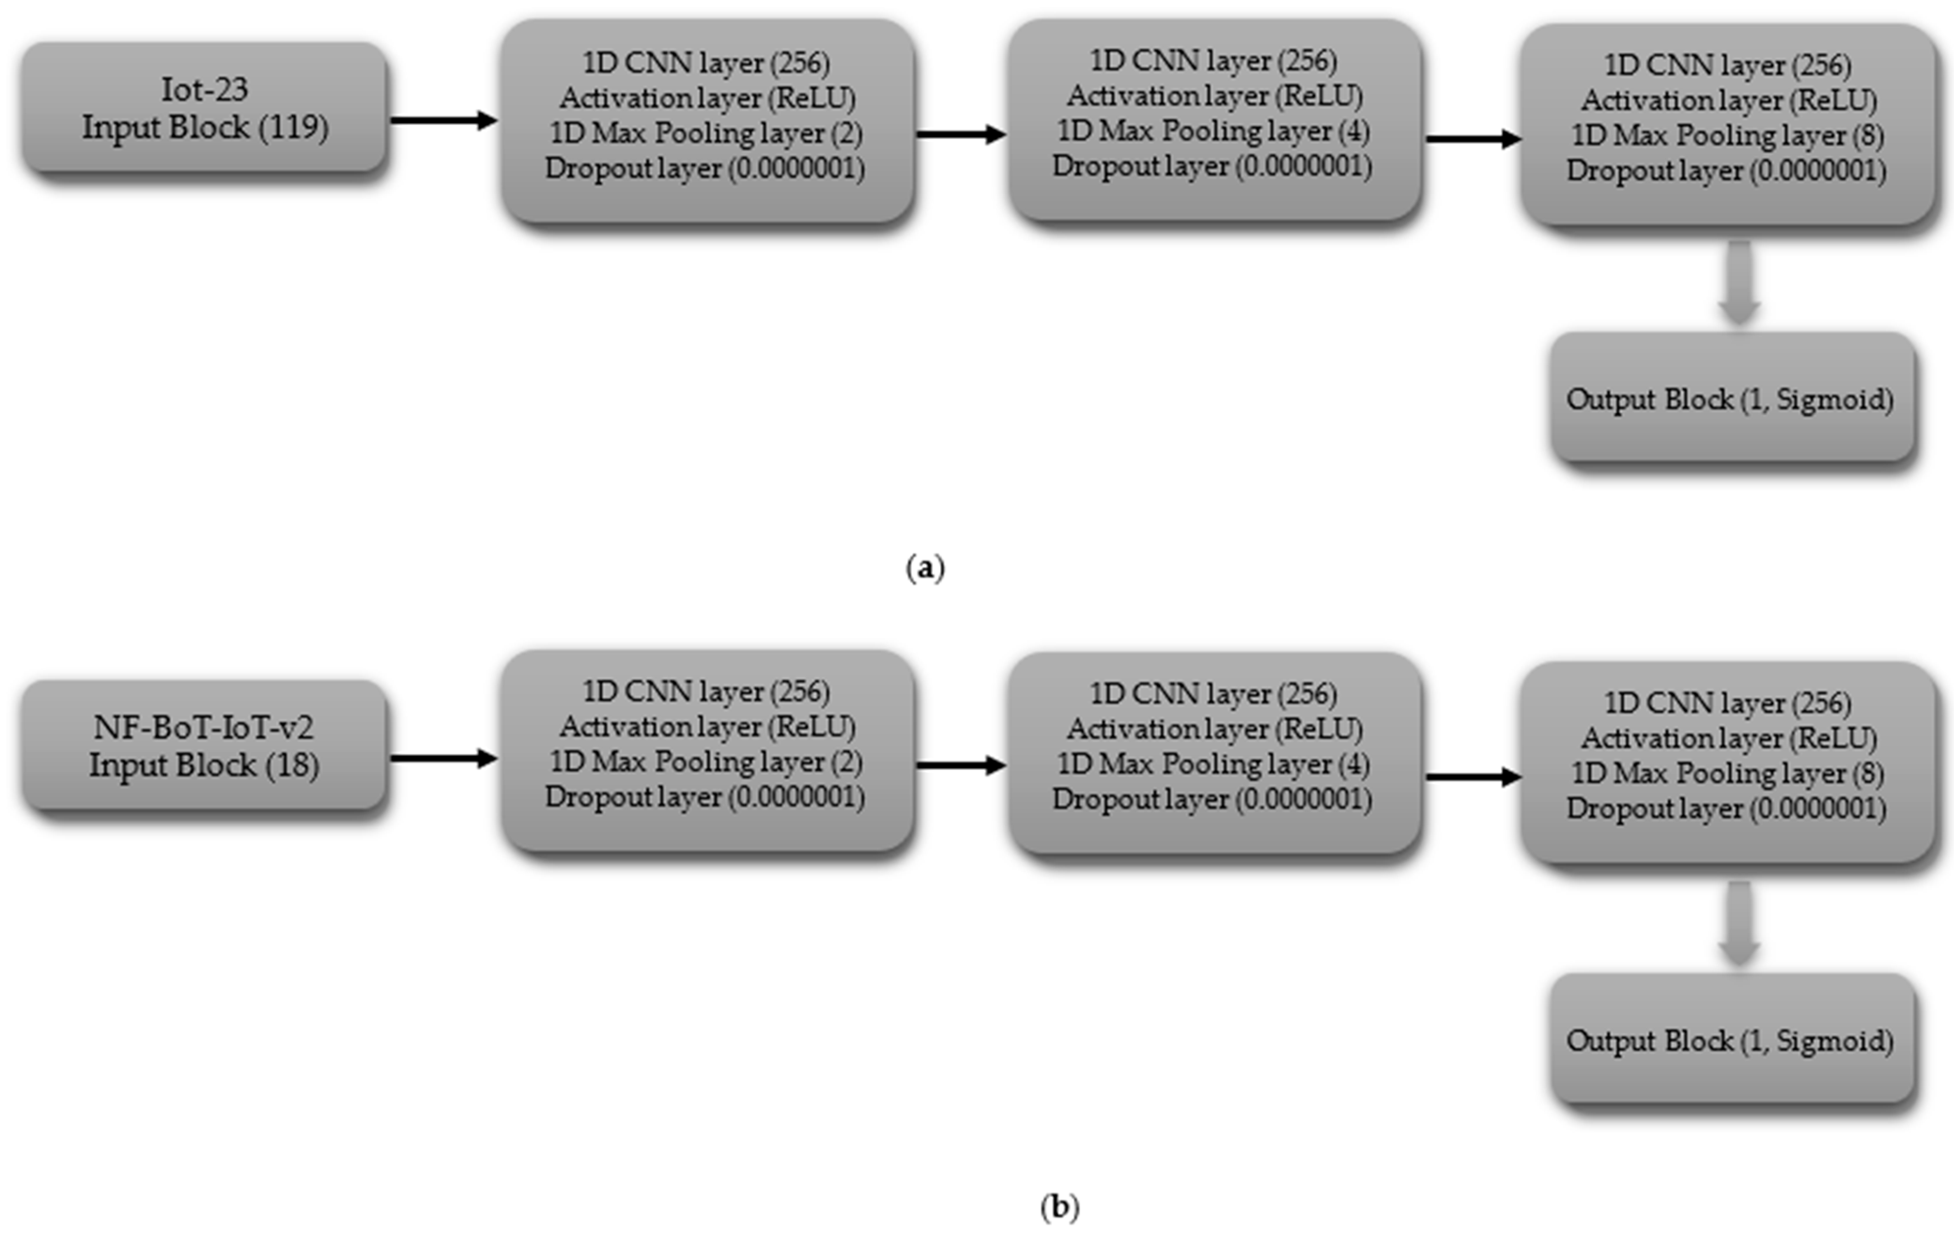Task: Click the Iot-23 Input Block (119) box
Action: pyautogui.click(x=204, y=108)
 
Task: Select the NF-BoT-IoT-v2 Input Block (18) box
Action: pyautogui.click(x=204, y=745)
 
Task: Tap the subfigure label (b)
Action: pyautogui.click(x=1059, y=1207)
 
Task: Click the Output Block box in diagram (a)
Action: pyautogui.click(x=1732, y=398)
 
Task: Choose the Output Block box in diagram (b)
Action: pyautogui.click(x=1732, y=1040)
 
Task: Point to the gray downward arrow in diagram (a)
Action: pyautogui.click(x=1738, y=284)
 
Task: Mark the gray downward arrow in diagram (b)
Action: pyautogui.click(x=1738, y=924)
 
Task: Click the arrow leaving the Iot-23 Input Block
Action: pyautogui.click(x=443, y=121)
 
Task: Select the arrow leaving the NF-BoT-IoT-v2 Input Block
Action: pyautogui.click(x=443, y=759)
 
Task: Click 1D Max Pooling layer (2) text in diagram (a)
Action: pyautogui.click(x=706, y=133)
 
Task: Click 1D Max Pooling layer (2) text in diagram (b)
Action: pyautogui.click(x=706, y=762)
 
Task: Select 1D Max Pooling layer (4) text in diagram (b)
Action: pyautogui.click(x=1213, y=764)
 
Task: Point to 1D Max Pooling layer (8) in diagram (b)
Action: pyautogui.click(x=1727, y=773)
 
